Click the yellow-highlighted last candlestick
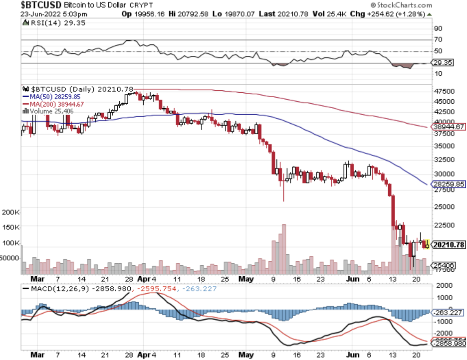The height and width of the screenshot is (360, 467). [x=428, y=245]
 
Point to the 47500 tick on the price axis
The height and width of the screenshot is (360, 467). [x=445, y=92]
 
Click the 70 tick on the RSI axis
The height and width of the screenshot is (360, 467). [x=438, y=39]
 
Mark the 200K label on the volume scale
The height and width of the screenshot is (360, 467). [x=10, y=211]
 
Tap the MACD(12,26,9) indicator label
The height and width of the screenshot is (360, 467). [x=54, y=289]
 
